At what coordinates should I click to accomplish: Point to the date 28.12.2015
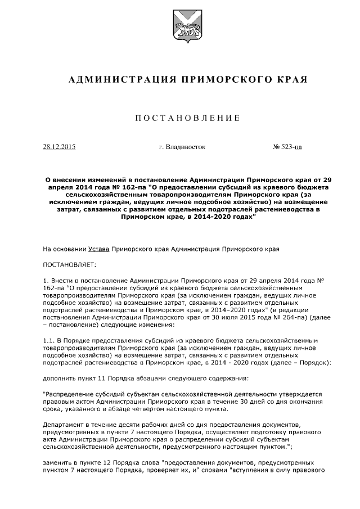point(59,147)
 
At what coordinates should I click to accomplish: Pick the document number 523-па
point(290,147)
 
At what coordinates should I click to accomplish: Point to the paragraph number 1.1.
point(49,341)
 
